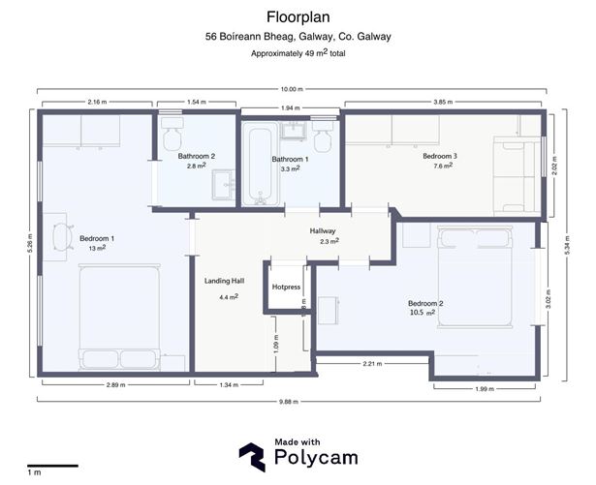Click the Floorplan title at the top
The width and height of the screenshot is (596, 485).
pos(298,16)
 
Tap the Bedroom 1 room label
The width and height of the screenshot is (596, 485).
pos(97,238)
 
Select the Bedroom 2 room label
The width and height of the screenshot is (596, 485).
pos(425,304)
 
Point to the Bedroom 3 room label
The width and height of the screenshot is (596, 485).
pos(439,156)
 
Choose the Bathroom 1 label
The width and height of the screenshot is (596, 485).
pos(290,159)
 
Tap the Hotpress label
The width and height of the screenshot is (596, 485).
pos(286,288)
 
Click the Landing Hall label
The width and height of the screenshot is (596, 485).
pos(224,282)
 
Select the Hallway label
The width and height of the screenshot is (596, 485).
pos(323,231)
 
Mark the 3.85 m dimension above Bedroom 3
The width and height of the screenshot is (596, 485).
pos(444,102)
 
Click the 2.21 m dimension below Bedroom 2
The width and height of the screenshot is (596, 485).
pos(372,363)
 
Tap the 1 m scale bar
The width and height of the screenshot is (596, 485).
pos(51,466)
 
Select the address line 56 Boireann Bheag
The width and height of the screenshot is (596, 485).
pos(298,37)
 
